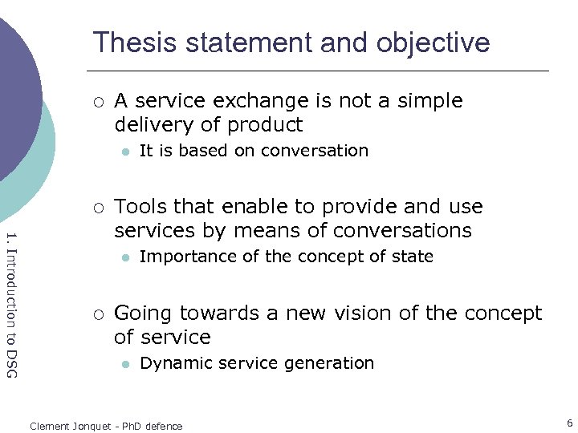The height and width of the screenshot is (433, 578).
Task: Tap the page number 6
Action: (x=569, y=423)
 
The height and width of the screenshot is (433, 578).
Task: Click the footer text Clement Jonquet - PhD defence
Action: (x=106, y=426)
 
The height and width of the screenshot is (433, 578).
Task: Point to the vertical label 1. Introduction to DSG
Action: (x=11, y=304)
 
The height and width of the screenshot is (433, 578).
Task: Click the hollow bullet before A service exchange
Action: (x=97, y=102)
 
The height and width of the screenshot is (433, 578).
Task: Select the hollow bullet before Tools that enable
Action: (x=97, y=208)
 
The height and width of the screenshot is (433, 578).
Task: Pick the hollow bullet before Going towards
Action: (x=97, y=314)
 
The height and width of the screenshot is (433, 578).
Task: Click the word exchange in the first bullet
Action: (x=259, y=101)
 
